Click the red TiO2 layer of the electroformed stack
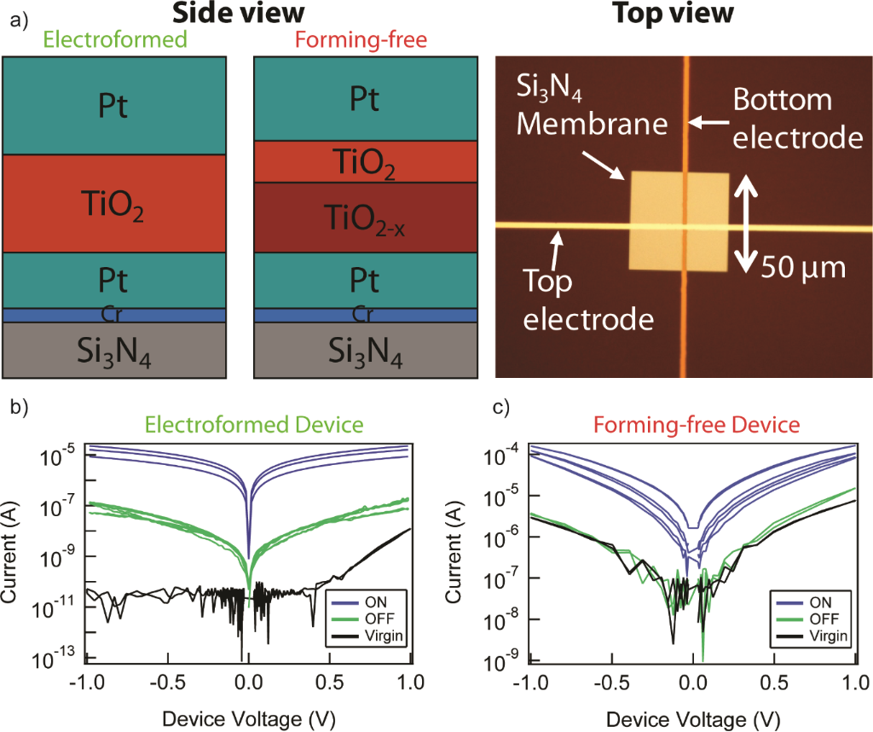[114, 204]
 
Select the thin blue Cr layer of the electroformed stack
[114, 316]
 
